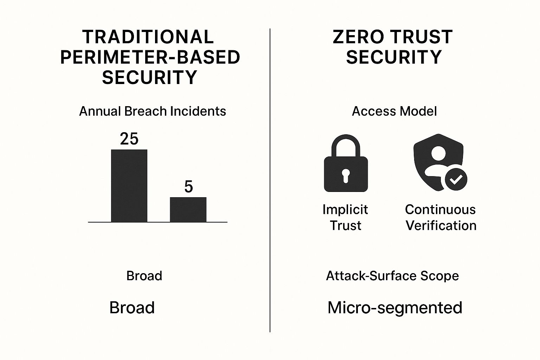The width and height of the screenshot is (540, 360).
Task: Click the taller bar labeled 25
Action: pos(129,186)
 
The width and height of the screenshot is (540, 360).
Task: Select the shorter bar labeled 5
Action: pos(188,210)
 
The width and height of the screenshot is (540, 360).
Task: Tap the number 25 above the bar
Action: pos(129,139)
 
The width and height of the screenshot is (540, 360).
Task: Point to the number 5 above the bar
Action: pos(188,187)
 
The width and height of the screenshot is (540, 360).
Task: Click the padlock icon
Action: pos(346,163)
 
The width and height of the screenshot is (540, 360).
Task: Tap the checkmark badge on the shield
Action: pos(456,179)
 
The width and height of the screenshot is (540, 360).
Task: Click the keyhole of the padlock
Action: pos(346,175)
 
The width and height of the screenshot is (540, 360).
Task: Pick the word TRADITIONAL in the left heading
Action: pos(148,37)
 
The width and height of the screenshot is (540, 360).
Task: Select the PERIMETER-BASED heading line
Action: pos(150,57)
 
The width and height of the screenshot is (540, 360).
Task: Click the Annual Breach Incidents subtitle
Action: pos(153,111)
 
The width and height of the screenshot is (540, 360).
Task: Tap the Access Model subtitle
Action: pos(394,111)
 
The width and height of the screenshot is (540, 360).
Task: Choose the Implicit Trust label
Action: pos(345,217)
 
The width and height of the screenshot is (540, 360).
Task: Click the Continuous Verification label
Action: pos(441,217)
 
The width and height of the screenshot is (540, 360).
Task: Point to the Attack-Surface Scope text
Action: pos(392,276)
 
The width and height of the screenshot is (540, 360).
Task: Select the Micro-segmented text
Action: pos(395,308)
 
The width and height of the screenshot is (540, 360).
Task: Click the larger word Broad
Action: pos(132,307)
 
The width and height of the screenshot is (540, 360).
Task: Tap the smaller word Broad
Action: pos(144,276)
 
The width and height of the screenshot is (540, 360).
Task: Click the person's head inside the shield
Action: pos(438,153)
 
